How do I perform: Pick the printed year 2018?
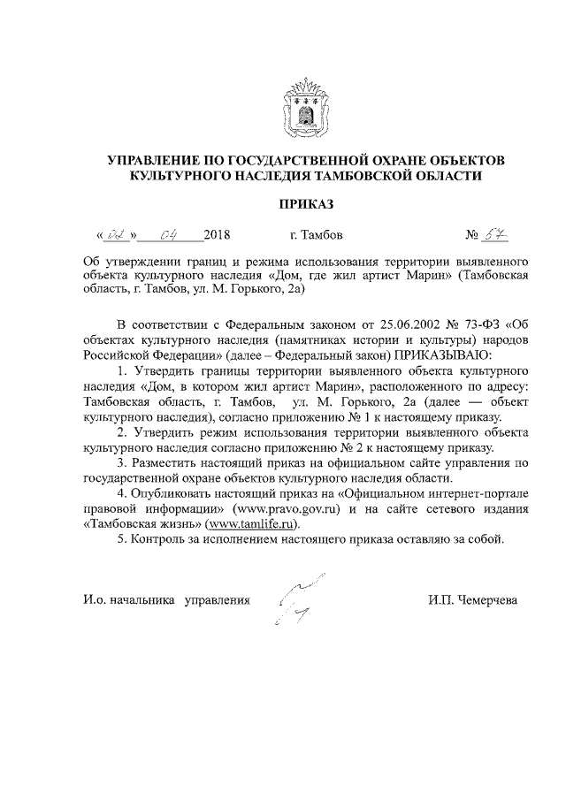(216, 236)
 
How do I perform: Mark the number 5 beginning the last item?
(121, 539)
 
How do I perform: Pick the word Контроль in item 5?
(157, 539)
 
